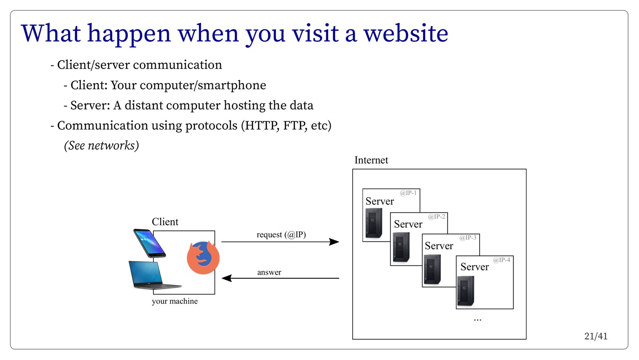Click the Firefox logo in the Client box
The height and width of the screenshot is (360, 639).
point(203,258)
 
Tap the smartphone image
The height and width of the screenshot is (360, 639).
point(149,243)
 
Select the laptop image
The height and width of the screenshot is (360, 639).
point(152,275)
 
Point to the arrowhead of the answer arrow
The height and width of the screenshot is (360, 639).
point(227,278)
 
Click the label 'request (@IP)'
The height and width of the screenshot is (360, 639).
point(281,235)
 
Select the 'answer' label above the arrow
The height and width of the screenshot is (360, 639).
point(269,272)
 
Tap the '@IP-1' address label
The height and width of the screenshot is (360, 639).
point(408,193)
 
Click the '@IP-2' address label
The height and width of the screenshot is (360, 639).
point(437,217)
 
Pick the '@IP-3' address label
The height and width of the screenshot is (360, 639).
point(468,237)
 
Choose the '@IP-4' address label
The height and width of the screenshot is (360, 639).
point(502,260)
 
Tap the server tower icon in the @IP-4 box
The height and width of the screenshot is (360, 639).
point(465,291)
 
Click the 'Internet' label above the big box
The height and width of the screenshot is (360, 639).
point(371,160)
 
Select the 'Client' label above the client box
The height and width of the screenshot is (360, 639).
point(165,222)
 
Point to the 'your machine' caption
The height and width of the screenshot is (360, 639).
point(175,301)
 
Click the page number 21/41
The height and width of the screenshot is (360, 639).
point(595,336)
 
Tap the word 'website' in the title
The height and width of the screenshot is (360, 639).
point(406,33)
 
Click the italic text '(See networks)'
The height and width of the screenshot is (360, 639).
point(101,145)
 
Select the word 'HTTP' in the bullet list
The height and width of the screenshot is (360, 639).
point(261,125)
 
